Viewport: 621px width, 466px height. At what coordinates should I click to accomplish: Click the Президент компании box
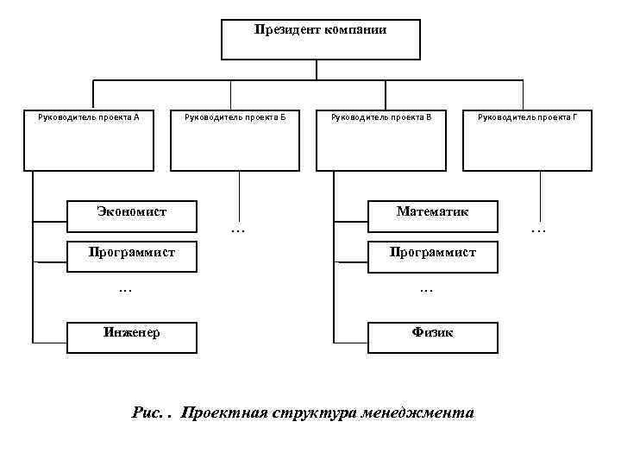(x=321, y=40)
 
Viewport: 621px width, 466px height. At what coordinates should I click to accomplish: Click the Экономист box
(x=132, y=217)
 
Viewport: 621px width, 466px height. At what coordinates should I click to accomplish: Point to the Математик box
(x=433, y=217)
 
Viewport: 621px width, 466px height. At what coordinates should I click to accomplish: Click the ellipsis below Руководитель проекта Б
(x=238, y=230)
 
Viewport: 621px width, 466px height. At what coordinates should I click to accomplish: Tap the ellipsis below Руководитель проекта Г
(x=538, y=230)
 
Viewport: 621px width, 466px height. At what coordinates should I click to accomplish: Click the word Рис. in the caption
(x=147, y=412)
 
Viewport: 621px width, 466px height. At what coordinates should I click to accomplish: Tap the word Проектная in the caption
(x=222, y=412)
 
